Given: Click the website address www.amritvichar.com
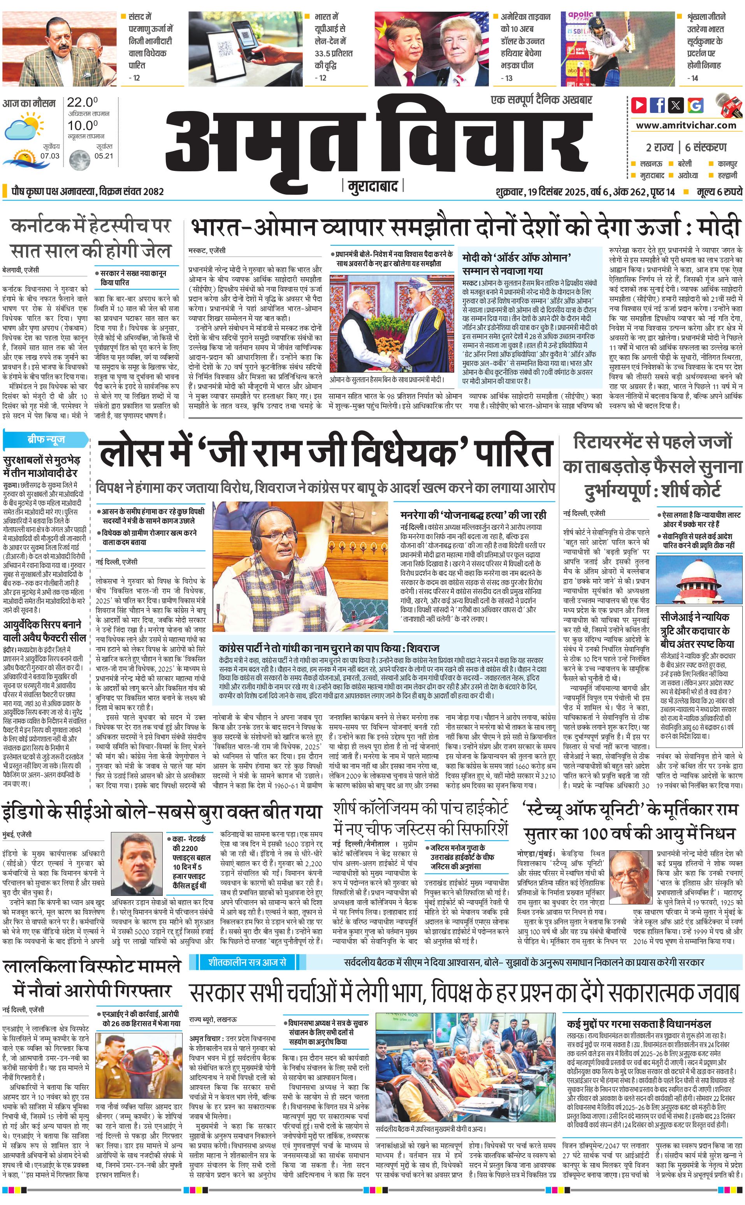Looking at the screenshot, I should point(686,125).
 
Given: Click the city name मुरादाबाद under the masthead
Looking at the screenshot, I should point(372,187).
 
